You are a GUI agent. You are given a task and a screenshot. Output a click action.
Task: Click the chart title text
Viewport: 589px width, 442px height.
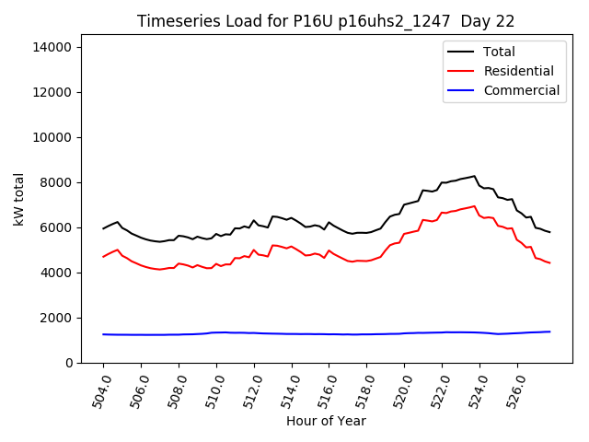tap(326, 21)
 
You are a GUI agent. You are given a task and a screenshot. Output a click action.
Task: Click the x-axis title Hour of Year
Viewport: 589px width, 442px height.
tap(326, 421)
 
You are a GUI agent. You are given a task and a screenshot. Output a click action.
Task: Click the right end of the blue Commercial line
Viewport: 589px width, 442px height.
tap(550, 331)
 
